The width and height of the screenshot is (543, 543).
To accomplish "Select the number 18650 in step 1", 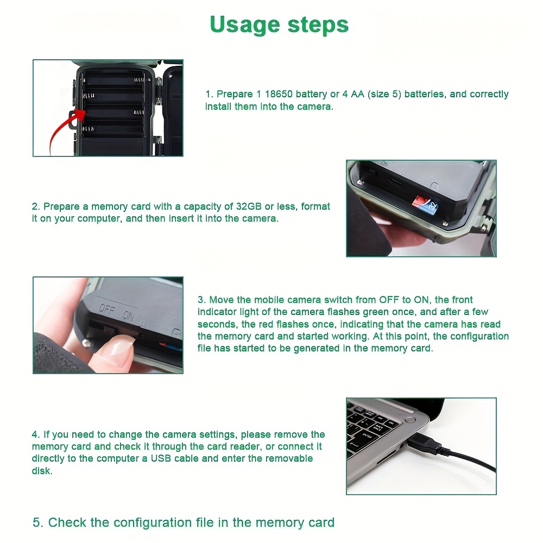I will (x=278, y=94).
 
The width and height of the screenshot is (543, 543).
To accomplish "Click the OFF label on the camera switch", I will (x=106, y=309).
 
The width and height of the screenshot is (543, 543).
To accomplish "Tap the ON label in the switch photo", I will (x=128, y=315).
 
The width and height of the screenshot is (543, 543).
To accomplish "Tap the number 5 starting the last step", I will (x=36, y=522).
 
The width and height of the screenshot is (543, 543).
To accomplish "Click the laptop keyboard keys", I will (x=369, y=429).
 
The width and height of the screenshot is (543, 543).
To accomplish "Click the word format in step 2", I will (x=315, y=206).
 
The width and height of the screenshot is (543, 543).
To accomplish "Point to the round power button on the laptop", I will (x=410, y=419).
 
